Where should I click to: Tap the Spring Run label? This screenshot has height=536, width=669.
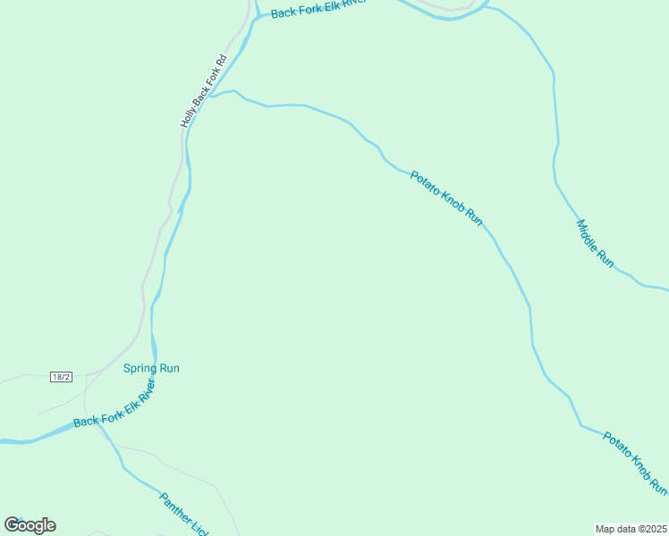151,368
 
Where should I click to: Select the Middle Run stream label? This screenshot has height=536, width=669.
595,243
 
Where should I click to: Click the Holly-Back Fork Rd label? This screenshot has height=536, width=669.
205,90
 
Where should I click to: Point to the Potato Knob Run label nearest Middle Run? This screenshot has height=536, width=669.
446,197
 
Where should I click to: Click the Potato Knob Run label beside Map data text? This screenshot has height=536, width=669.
635,463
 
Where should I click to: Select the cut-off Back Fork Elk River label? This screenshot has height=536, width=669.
318,9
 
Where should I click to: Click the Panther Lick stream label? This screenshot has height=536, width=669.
183,514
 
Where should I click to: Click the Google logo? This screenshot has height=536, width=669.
30,525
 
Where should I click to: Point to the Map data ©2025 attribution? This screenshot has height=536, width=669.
631,529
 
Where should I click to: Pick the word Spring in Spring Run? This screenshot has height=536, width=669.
140,368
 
